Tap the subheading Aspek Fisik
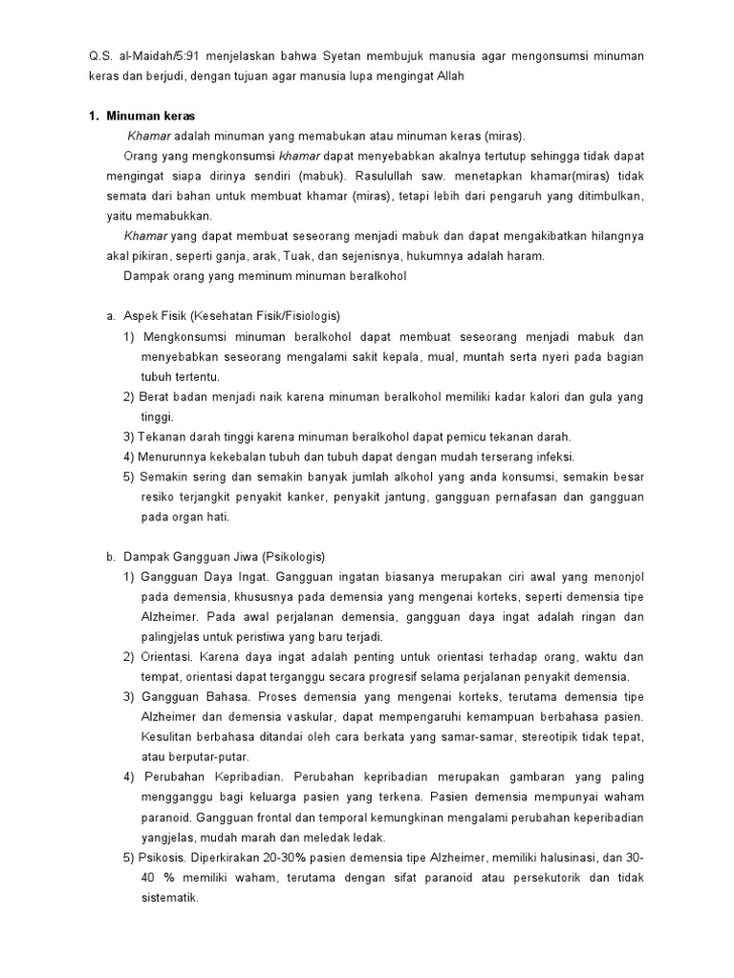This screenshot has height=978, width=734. pos(153,316)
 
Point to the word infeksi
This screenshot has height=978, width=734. pos(555,457)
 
